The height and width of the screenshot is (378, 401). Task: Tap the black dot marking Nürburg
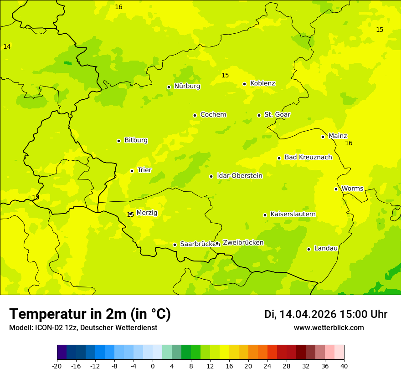click(x=169, y=87)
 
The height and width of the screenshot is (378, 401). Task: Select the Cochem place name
click(x=213, y=115)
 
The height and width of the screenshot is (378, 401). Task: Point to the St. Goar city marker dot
click(x=259, y=115)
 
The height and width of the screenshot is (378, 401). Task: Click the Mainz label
click(x=338, y=136)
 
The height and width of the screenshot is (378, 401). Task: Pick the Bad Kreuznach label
click(x=308, y=157)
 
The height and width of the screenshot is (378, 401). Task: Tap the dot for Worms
click(x=336, y=189)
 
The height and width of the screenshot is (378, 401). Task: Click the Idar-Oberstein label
click(x=240, y=176)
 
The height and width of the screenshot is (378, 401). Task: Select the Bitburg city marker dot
click(x=118, y=141)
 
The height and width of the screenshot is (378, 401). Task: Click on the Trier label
click(x=144, y=170)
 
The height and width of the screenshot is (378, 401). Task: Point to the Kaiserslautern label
click(x=293, y=214)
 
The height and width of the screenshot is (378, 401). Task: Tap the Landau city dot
click(x=308, y=249)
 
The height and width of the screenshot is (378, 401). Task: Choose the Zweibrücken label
click(x=243, y=243)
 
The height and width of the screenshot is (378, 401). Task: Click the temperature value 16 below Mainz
click(x=349, y=143)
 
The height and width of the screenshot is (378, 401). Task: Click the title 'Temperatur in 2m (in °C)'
click(x=90, y=314)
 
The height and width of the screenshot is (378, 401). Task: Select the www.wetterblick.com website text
click(x=329, y=328)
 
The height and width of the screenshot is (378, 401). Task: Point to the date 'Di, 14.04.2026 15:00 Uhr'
click(x=326, y=314)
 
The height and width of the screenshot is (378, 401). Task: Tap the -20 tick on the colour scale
click(x=57, y=366)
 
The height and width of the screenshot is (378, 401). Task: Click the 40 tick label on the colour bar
click(x=344, y=366)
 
